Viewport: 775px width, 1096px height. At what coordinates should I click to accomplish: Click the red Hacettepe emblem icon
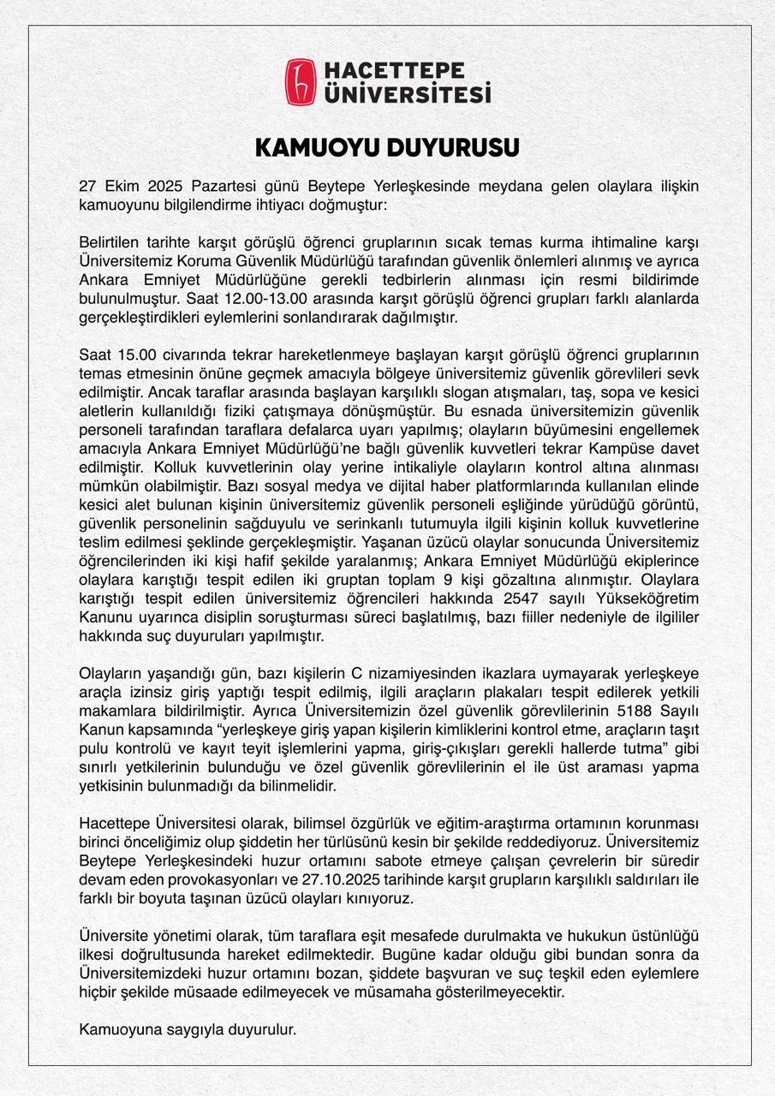click(x=300, y=82)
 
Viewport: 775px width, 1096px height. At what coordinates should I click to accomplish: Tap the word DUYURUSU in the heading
click(x=453, y=148)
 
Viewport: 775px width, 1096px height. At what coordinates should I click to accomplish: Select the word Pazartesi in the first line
click(x=224, y=186)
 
